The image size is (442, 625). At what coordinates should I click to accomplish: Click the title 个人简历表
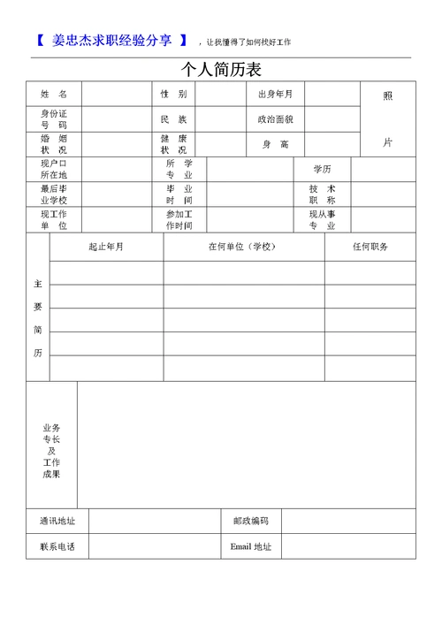click(x=221, y=70)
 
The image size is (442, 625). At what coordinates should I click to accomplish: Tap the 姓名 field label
click(x=53, y=94)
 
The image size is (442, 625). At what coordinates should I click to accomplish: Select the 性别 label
click(x=173, y=94)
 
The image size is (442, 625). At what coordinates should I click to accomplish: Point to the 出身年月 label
click(x=275, y=94)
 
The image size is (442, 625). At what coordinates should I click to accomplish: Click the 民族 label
click(x=173, y=118)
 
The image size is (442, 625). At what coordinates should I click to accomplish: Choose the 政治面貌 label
click(x=275, y=118)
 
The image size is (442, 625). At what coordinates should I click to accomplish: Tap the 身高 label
click(x=275, y=144)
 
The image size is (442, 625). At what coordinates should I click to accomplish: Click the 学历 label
click(x=322, y=169)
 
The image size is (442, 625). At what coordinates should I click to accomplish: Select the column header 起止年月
click(x=106, y=247)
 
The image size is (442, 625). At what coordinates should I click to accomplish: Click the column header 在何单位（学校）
click(x=243, y=247)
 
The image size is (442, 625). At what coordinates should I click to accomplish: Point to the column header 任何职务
click(x=370, y=247)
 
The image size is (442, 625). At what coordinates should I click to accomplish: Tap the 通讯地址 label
click(x=57, y=522)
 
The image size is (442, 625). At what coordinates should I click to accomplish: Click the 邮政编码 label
click(x=251, y=522)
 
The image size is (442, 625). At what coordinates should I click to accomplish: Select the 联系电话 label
click(x=57, y=546)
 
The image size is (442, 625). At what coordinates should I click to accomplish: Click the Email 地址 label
click(x=251, y=546)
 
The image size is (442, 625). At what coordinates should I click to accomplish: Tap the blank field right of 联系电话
click(x=154, y=546)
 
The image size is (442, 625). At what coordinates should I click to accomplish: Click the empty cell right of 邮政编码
click(x=348, y=522)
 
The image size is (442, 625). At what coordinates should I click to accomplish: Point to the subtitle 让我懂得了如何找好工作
click(x=248, y=42)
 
